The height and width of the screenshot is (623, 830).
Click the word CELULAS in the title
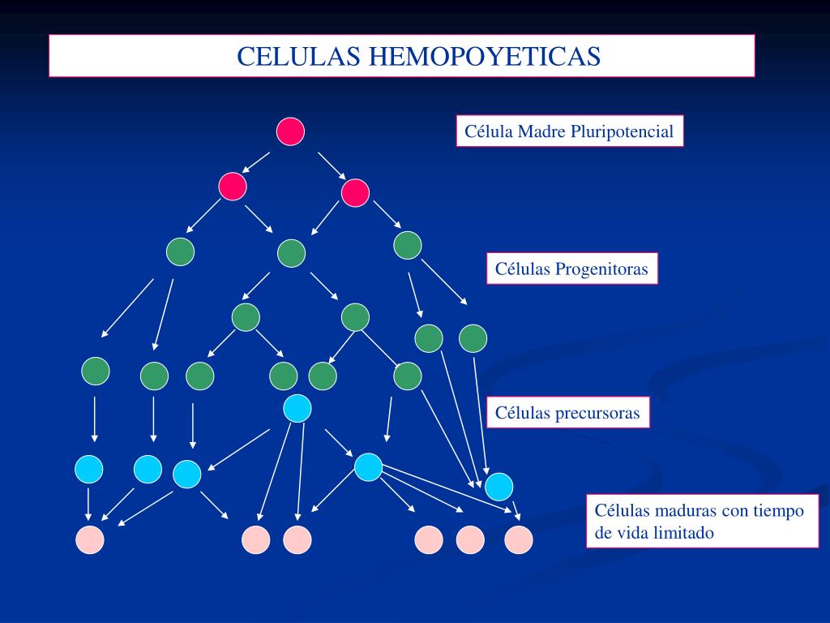300,56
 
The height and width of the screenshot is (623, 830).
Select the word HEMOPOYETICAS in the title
486,56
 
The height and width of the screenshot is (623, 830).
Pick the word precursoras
597,414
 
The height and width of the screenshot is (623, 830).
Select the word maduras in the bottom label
687,511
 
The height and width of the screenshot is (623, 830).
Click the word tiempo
779,511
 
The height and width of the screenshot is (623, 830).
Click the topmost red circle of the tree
290,131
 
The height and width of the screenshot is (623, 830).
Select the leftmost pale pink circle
90,539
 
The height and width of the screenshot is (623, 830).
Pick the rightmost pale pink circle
519,539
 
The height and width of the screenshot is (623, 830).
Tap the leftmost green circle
96,371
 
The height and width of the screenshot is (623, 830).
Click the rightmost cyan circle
499,486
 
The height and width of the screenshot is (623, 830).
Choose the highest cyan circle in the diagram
297,408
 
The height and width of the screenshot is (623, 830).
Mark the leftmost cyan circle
89,468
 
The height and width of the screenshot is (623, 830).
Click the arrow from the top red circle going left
257,161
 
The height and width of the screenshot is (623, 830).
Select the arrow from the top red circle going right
332,165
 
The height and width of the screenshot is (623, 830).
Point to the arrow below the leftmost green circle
95,419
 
